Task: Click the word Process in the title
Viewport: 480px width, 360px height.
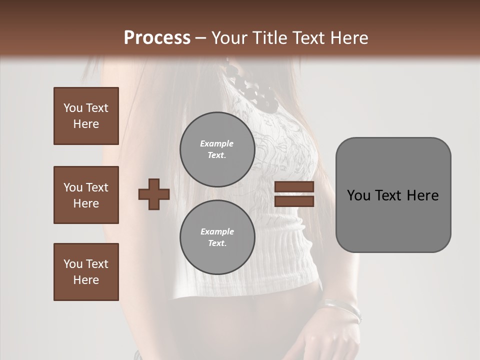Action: (157, 38)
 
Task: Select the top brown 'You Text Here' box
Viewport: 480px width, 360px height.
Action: (86, 116)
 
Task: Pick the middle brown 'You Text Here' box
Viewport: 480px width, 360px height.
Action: (86, 195)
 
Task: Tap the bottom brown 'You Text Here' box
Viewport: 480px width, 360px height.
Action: (86, 272)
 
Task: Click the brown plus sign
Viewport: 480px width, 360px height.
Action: (154, 194)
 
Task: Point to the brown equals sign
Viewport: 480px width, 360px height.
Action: (294, 194)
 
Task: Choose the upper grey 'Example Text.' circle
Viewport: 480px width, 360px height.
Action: (217, 149)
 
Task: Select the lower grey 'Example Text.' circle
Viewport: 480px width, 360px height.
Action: (217, 237)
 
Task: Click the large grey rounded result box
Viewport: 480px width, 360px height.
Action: (393, 195)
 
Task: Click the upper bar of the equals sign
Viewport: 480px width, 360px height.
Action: (294, 187)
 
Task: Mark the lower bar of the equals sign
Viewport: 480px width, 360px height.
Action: (294, 201)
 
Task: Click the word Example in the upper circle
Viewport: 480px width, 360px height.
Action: (217, 143)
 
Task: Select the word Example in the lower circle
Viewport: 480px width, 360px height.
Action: (217, 231)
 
